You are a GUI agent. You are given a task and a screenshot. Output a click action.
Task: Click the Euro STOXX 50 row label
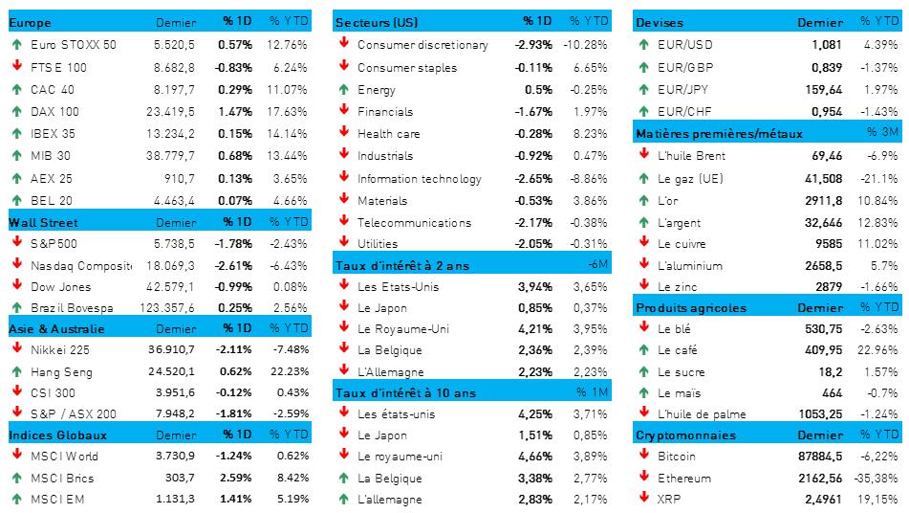tap(74, 44)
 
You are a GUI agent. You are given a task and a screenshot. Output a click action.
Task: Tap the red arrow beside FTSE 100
tap(16, 67)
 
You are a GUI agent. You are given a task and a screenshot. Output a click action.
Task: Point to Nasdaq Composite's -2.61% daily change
tap(234, 265)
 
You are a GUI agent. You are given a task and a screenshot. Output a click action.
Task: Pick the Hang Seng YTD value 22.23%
tap(288, 371)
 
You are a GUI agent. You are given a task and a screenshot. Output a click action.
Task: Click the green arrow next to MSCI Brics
tap(16, 477)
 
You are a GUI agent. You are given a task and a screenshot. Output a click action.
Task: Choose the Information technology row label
tap(419, 178)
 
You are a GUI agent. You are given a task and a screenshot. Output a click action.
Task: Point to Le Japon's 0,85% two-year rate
tap(534, 308)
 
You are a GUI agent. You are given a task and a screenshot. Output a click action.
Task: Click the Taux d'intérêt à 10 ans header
tap(405, 391)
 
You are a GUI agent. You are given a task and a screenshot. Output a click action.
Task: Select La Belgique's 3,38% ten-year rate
tap(534, 478)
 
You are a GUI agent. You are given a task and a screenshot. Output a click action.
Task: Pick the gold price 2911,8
tap(824, 199)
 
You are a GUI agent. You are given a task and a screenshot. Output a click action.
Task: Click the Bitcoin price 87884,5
tap(819, 456)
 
